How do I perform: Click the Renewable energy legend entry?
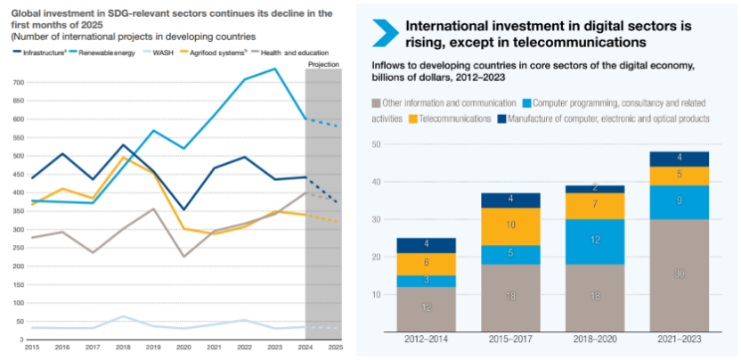point(107,53)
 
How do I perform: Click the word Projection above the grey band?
point(322,65)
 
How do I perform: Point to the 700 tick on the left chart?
point(18,83)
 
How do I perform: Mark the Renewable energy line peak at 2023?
point(275,69)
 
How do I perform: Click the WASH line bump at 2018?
point(124,316)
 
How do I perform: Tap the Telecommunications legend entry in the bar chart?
point(456,119)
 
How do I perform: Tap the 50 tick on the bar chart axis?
point(376,144)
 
